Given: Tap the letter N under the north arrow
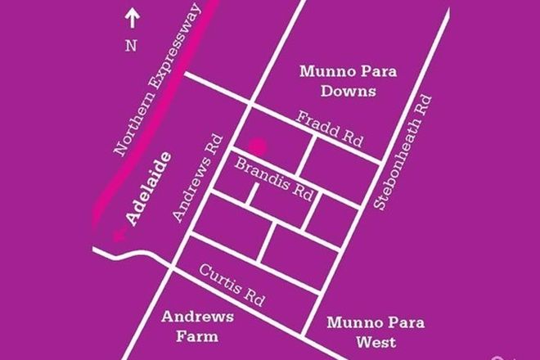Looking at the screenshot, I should click(130, 46).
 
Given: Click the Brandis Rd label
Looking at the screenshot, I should click(274, 182).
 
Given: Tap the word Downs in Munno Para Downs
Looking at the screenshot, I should click(349, 91).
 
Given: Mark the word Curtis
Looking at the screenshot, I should click(218, 274).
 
